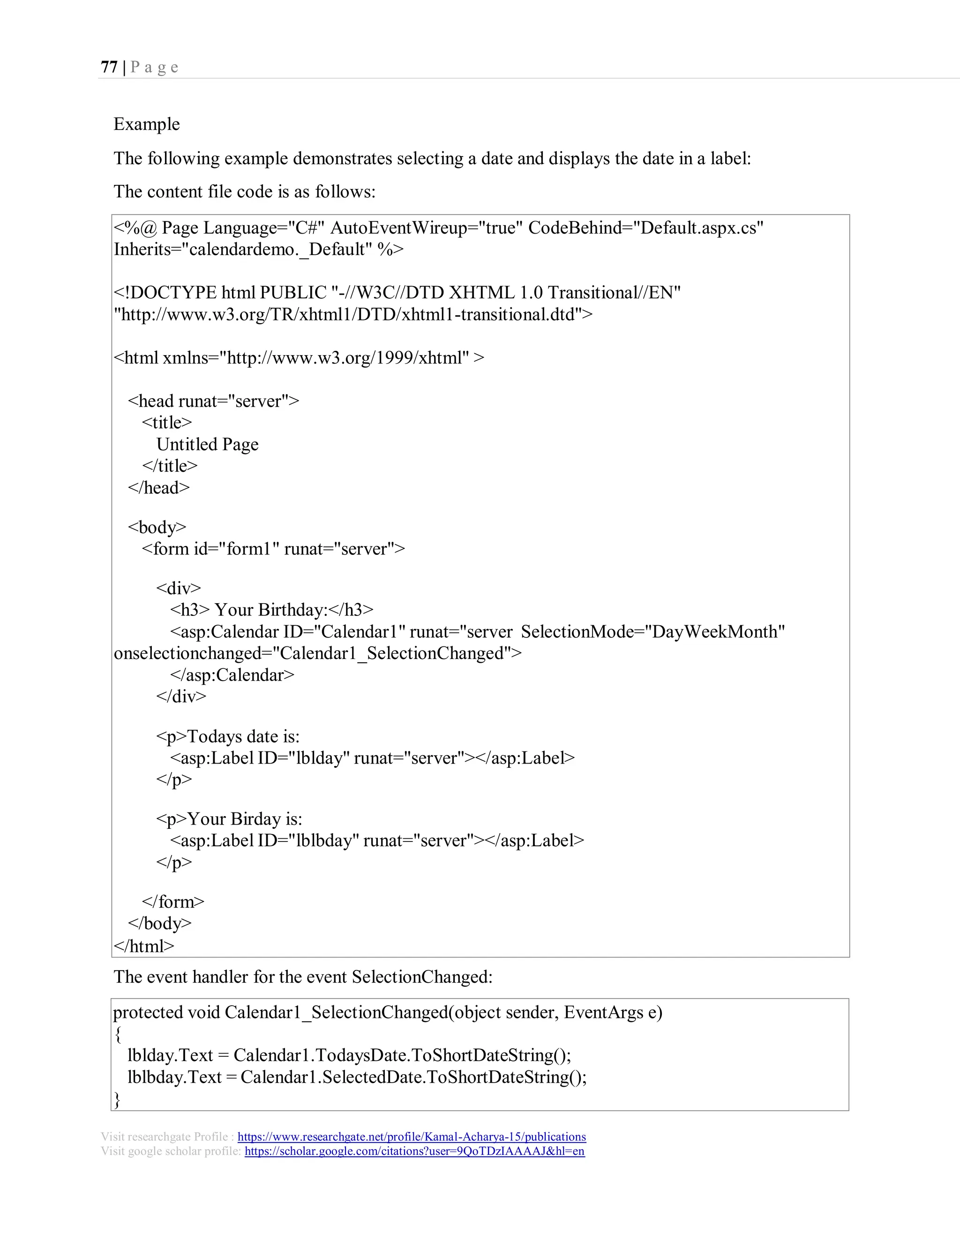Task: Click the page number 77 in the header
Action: pos(109,67)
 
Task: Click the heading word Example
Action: pos(147,124)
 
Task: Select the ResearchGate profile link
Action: pos(412,1137)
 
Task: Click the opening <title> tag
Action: pos(167,422)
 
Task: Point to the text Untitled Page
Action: pos(208,444)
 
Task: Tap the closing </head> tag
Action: pos(159,488)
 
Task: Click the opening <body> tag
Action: pos(157,527)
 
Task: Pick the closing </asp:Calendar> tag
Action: pos(232,675)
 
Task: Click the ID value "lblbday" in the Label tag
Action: pos(323,841)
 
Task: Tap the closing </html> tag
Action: pos(144,946)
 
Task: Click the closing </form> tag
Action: pos(173,902)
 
